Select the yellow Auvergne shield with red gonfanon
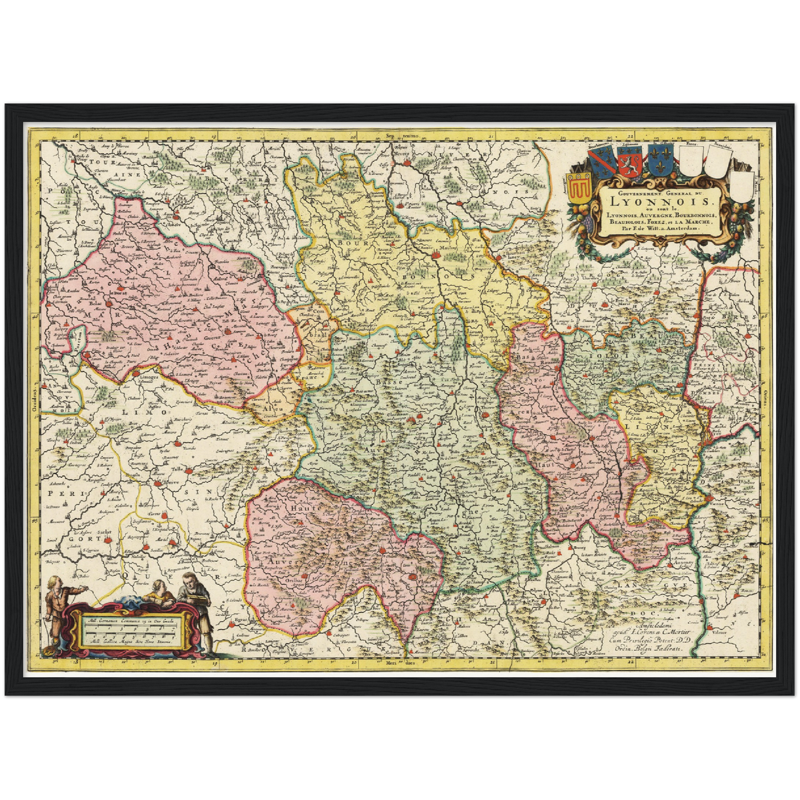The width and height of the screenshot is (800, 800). click(x=579, y=188)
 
